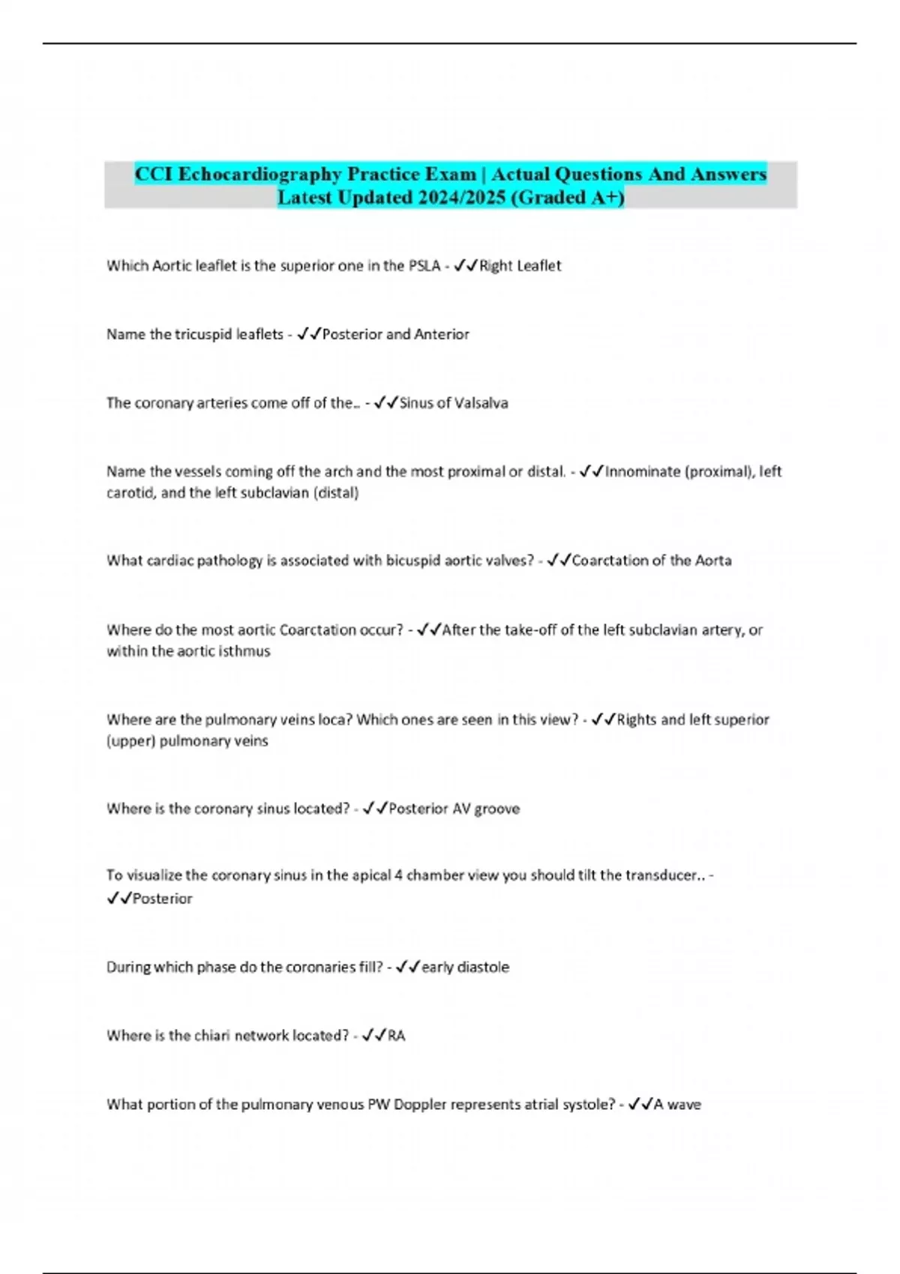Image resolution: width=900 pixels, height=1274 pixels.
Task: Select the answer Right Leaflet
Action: click(x=520, y=265)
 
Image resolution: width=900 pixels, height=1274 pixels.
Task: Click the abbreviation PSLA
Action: click(x=424, y=265)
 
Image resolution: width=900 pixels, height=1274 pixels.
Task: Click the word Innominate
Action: click(x=642, y=471)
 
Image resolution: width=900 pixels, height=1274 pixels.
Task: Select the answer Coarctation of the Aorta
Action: click(x=651, y=561)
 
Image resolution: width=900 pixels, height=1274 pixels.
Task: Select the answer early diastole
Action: click(x=465, y=967)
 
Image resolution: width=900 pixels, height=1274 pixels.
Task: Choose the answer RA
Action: click(x=396, y=1036)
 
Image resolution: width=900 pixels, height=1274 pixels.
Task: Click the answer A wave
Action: click(x=677, y=1105)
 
